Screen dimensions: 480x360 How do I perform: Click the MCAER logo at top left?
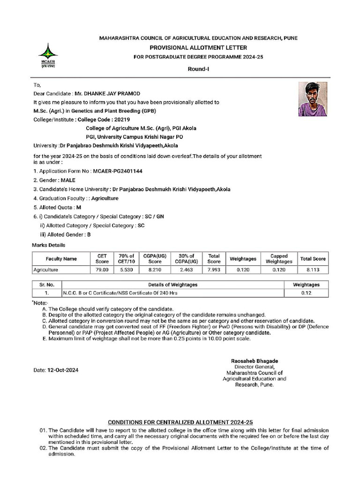pos(48,55)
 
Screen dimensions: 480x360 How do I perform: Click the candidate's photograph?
pos(313,99)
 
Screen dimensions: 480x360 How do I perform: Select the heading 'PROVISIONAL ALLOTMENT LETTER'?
pos(198,48)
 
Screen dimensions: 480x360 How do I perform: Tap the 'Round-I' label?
pos(198,69)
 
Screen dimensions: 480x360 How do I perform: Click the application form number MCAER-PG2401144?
pos(117,171)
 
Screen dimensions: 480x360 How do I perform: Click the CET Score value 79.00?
pos(102,270)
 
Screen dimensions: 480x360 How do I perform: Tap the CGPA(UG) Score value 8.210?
pos(155,270)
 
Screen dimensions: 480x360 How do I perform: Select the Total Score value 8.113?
pos(313,270)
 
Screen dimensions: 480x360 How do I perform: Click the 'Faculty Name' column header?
pos(61,259)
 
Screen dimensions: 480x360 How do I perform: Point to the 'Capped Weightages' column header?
pos(278,259)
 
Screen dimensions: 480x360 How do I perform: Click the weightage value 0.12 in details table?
pos(306,293)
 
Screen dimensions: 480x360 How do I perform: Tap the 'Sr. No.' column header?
pos(47,285)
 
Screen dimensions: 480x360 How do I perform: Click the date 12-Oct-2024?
pos(63,370)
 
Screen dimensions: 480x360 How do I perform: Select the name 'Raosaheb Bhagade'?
pos(255,361)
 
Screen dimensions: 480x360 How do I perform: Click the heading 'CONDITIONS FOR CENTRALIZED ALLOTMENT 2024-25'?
pos(180,422)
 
